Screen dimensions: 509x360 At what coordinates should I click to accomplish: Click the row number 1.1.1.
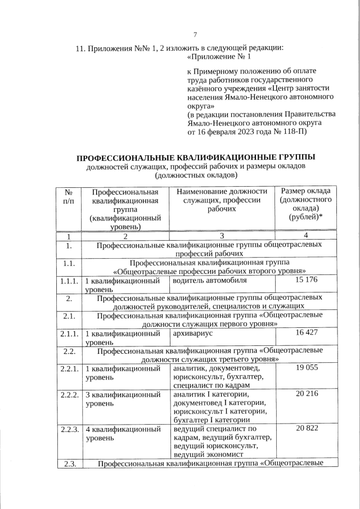69,280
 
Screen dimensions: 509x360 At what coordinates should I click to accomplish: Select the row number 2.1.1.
69,333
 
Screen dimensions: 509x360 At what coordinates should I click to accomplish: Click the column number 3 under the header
222,236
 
